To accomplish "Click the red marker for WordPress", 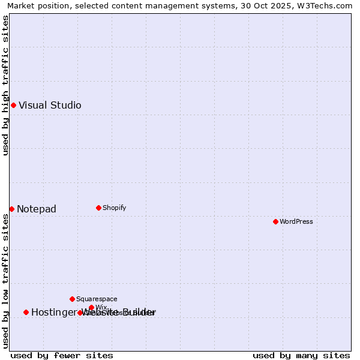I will tap(275, 221).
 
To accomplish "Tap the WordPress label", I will tap(296, 221).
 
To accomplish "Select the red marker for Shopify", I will tap(98, 208).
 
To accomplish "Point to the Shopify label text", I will tap(115, 208).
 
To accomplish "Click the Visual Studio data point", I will tap(13, 105).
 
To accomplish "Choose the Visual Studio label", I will tap(50, 105).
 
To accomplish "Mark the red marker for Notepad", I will tap(11, 209).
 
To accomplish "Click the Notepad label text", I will tap(37, 209).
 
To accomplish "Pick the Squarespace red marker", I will tap(72, 299).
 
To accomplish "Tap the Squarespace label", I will tap(97, 299).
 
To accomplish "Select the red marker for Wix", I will tap(91, 307).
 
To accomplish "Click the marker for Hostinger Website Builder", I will tap(26, 312).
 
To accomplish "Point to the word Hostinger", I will tap(54, 312).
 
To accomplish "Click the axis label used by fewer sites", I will tap(62, 355).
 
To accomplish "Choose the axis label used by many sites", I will tap(301, 355).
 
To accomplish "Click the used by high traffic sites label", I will tap(6, 85).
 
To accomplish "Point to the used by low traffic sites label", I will tap(6, 281).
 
